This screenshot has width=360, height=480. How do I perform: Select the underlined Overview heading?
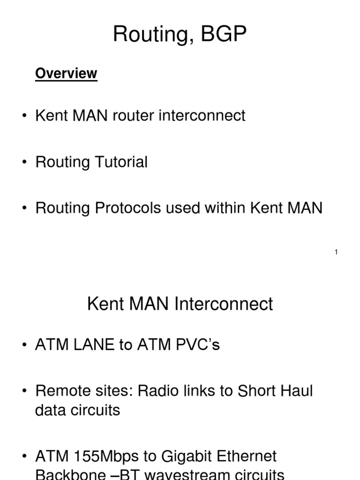pos(66,73)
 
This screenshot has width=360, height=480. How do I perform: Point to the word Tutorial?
pos(121,162)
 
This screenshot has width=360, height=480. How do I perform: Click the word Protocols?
pos(129,208)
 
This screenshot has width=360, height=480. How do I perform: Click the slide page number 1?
pos(336,252)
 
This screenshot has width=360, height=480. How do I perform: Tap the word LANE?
pos(94,345)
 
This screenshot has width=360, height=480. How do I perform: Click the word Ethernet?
pos(247,456)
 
